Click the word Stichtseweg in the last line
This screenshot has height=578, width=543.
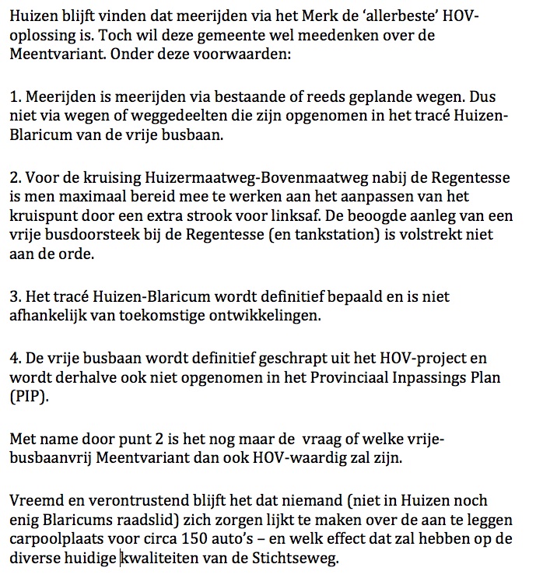click(x=300, y=559)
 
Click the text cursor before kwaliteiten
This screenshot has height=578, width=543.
click(x=121, y=559)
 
